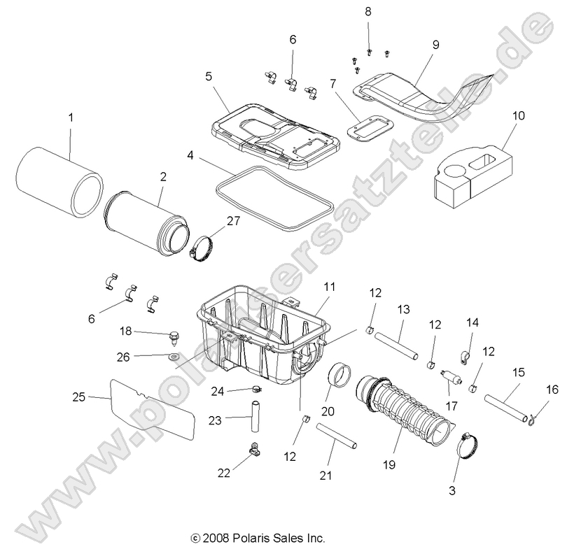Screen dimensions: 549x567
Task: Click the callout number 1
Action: [x=69, y=117]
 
